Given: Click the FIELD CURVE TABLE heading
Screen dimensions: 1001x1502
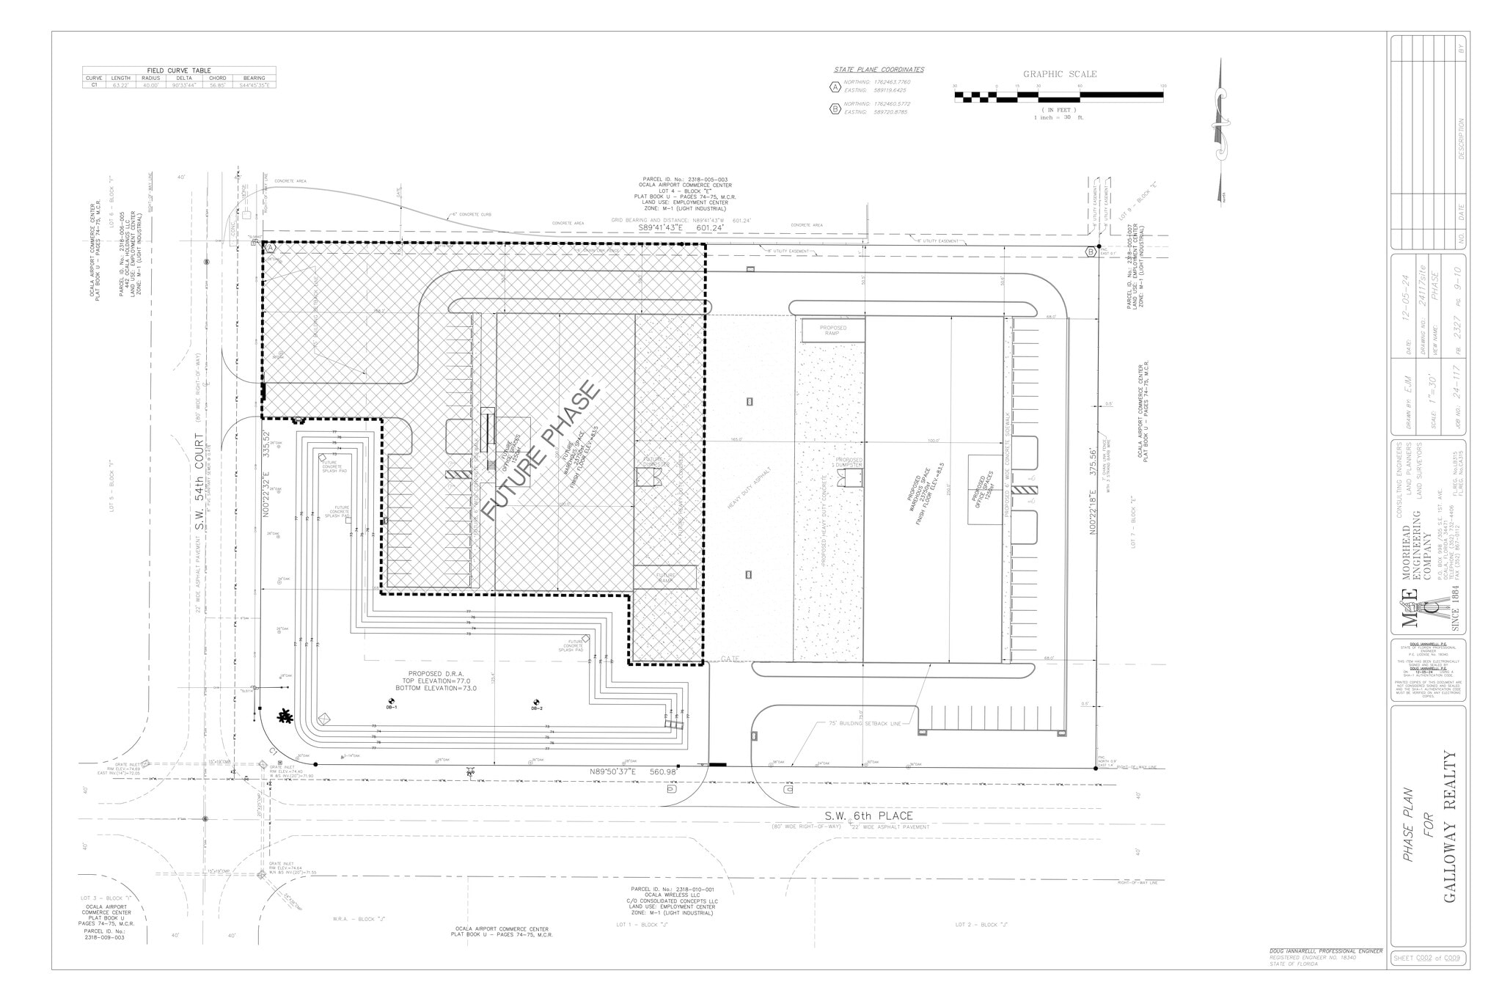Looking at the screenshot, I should (179, 70).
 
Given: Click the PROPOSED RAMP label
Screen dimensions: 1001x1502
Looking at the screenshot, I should (832, 330).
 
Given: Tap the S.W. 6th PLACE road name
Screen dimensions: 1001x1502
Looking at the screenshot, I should (868, 815).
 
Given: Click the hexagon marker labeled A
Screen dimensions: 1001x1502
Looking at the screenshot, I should (270, 249).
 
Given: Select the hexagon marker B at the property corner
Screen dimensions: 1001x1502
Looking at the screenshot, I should (1091, 252).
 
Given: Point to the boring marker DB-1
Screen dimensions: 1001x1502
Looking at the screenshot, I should (392, 702).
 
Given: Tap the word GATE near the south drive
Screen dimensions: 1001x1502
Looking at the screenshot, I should (730, 659).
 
